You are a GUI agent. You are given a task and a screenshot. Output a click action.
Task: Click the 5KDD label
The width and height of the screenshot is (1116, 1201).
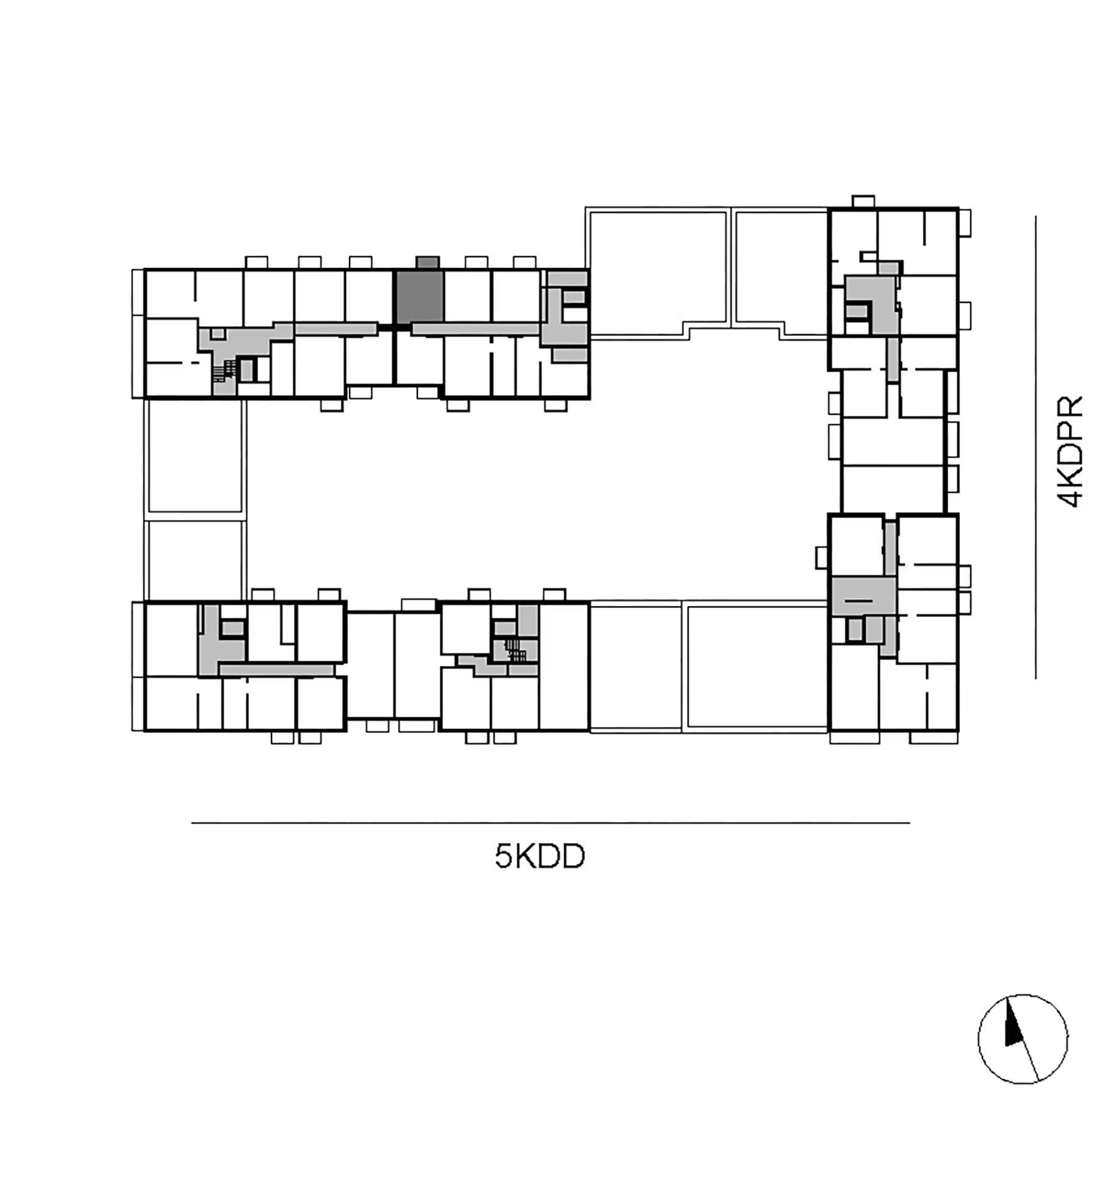(x=540, y=857)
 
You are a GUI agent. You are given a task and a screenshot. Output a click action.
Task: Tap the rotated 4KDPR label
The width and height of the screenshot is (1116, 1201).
(x=1070, y=452)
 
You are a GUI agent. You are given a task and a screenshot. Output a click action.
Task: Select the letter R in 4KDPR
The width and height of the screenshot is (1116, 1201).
(x=1070, y=407)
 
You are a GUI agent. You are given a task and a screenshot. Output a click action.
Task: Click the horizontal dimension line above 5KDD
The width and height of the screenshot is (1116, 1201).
(x=550, y=823)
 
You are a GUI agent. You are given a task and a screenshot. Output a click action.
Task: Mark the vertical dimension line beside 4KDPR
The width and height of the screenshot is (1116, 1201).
(x=1036, y=447)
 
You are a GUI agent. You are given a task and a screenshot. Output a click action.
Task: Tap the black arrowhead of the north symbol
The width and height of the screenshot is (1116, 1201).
(x=1013, y=1024)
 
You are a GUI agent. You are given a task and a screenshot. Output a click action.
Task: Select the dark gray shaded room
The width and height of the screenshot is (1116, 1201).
(x=420, y=297)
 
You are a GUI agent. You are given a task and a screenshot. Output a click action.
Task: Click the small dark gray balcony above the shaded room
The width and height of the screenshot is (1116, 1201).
(x=427, y=262)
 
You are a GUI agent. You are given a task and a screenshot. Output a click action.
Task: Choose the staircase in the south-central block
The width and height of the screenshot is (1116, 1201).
(x=516, y=650)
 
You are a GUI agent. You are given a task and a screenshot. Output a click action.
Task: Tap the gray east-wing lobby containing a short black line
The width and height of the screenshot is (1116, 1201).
(x=863, y=596)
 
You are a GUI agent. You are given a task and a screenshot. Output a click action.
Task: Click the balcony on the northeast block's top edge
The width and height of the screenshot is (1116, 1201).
(x=863, y=201)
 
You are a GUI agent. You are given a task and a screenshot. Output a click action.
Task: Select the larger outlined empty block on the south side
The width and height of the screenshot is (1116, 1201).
(x=756, y=666)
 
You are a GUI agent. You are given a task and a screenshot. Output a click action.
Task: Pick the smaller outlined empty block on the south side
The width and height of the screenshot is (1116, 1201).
(x=635, y=666)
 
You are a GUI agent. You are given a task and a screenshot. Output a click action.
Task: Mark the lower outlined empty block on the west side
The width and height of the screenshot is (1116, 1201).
(x=195, y=560)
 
